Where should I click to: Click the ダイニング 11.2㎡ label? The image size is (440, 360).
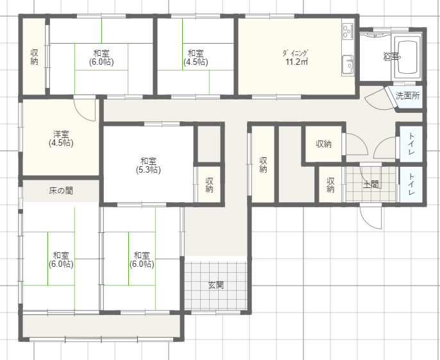[296, 57]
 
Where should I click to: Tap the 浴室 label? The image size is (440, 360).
[391, 56]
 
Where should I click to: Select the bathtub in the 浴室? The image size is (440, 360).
[408, 57]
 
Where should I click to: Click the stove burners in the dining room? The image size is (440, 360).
[348, 30]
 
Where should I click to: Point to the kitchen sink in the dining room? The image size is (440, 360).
[348, 65]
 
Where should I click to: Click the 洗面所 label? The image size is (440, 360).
[407, 96]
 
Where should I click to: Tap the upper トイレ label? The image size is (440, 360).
[411, 144]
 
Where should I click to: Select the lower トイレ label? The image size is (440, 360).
[411, 184]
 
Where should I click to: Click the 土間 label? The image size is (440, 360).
[371, 185]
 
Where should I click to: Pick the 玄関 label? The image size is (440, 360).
[216, 286]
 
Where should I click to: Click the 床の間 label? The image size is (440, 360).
[61, 191]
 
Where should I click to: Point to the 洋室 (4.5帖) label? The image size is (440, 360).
[61, 139]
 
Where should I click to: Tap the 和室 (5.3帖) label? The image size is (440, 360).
[148, 166]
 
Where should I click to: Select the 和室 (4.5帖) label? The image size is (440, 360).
[196, 58]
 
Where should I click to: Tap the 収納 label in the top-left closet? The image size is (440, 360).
[34, 57]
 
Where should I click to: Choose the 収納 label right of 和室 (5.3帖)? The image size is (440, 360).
[209, 185]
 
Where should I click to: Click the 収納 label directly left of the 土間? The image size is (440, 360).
[330, 185]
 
